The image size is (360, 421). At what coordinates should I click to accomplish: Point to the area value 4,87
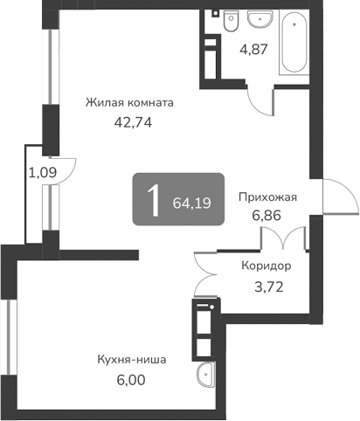pyautogui.click(x=253, y=49)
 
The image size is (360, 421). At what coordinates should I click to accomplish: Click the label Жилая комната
pyautogui.click(x=129, y=102)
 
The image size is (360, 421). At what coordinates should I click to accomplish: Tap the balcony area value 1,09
pyautogui.click(x=41, y=172)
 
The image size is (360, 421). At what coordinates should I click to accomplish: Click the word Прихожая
pyautogui.click(x=268, y=197)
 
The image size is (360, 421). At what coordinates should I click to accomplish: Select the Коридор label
pyautogui.click(x=267, y=266)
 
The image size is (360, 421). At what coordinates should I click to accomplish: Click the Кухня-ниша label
pyautogui.click(x=131, y=359)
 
